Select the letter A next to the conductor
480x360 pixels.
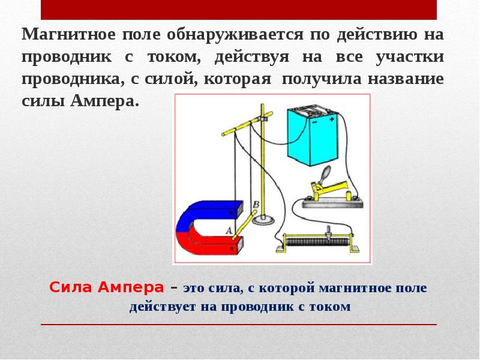click(x=228, y=230)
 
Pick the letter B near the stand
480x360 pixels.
click(x=256, y=205)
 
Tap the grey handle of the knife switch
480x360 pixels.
click(x=325, y=173)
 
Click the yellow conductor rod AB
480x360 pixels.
click(x=242, y=226)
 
